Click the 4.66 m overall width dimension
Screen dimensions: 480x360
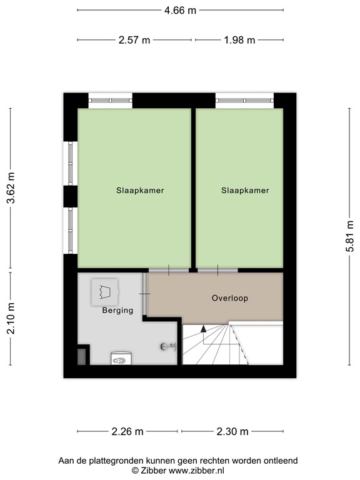(x=180, y=11)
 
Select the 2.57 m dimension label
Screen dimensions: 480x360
(x=134, y=40)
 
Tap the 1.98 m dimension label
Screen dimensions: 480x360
(x=239, y=40)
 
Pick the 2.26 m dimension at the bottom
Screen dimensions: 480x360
(x=127, y=431)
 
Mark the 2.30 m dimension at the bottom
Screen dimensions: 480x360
(x=233, y=431)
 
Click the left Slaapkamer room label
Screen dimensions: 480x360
(x=140, y=191)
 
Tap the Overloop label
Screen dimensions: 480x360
(x=229, y=298)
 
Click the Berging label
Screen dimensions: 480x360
(x=117, y=310)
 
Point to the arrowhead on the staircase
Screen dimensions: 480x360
(x=202, y=329)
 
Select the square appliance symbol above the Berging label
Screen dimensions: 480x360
(x=104, y=291)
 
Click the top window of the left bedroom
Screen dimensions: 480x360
(x=110, y=99)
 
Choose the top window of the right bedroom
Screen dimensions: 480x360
(x=244, y=99)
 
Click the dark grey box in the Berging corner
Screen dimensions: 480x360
(x=82, y=356)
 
